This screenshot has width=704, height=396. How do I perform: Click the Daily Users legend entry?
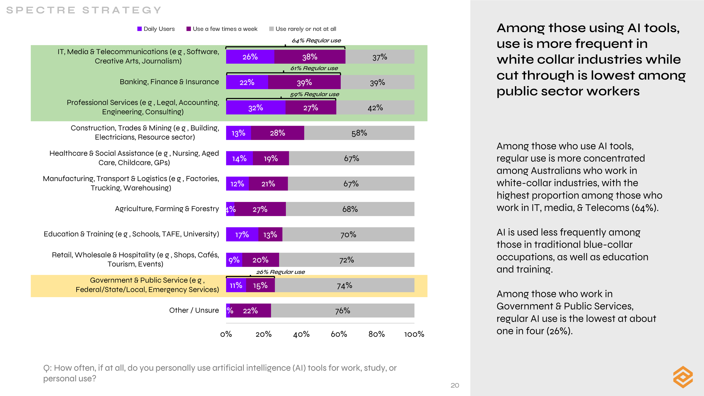156,29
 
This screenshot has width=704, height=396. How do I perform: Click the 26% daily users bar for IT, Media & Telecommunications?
250,57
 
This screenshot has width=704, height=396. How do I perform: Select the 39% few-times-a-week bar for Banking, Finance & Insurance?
304,82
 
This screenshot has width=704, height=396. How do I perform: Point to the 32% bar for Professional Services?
256,108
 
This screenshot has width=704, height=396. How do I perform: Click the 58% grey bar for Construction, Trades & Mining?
359,133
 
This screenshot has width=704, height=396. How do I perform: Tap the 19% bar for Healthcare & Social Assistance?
271,158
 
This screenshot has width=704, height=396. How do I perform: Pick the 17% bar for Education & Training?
242,234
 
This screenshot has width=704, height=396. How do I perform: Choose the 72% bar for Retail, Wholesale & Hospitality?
346,260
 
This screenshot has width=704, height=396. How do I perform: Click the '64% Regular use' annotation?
316,41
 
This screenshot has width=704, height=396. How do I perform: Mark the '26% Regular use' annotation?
280,272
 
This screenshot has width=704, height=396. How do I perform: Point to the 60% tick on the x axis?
339,334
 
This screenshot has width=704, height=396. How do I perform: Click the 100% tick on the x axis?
414,334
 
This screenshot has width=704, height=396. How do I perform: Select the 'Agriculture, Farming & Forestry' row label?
167,209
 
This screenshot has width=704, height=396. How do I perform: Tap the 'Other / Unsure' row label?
194,310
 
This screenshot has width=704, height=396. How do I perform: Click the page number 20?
455,386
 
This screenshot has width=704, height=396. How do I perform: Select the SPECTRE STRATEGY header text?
84,10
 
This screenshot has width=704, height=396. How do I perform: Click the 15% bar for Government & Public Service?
260,286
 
